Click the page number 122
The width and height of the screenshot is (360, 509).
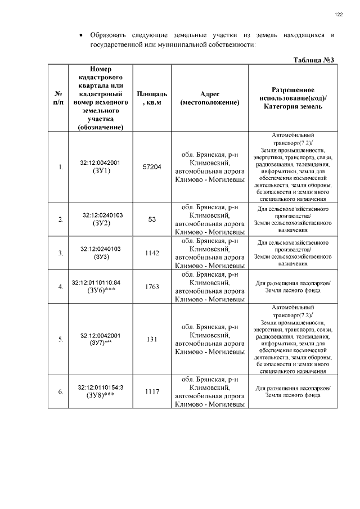339,15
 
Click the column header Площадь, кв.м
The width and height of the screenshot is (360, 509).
152,98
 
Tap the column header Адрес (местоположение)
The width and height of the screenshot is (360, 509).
209,98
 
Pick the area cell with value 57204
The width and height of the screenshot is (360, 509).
152,167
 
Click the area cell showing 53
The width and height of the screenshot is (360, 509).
152,219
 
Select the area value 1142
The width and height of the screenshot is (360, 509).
152,253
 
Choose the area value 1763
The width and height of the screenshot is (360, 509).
152,287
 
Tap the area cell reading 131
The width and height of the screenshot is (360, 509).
152,340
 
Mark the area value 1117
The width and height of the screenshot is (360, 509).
152,391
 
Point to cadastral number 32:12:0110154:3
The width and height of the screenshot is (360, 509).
101,388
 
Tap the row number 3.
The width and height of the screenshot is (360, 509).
61,253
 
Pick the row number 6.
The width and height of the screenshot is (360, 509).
61,391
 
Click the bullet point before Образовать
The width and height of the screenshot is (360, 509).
83,35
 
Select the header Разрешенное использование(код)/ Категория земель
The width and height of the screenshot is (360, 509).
292,98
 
